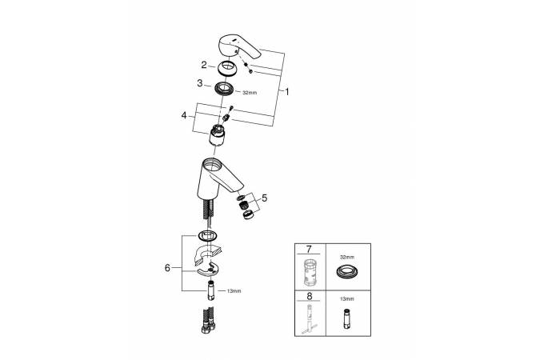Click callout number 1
pyautogui.click(x=287, y=92)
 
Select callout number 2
pyautogui.click(x=204, y=65)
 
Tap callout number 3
pyautogui.click(x=200, y=83)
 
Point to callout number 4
pyautogui.click(x=184, y=115)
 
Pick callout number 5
pyautogui.click(x=264, y=198)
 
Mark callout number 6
pyautogui.click(x=167, y=268)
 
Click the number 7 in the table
pyautogui.click(x=309, y=249)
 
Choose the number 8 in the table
pyautogui.click(x=310, y=296)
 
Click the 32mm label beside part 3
pyautogui.click(x=250, y=93)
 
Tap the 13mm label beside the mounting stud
pyautogui.click(x=234, y=291)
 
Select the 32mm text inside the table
pyautogui.click(x=346, y=257)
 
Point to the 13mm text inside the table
pyautogui.click(x=346, y=299)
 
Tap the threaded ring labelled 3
pyautogui.click(x=225, y=89)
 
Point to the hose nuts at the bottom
pyautogui.click(x=208, y=326)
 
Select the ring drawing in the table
pyautogui.click(x=346, y=271)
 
